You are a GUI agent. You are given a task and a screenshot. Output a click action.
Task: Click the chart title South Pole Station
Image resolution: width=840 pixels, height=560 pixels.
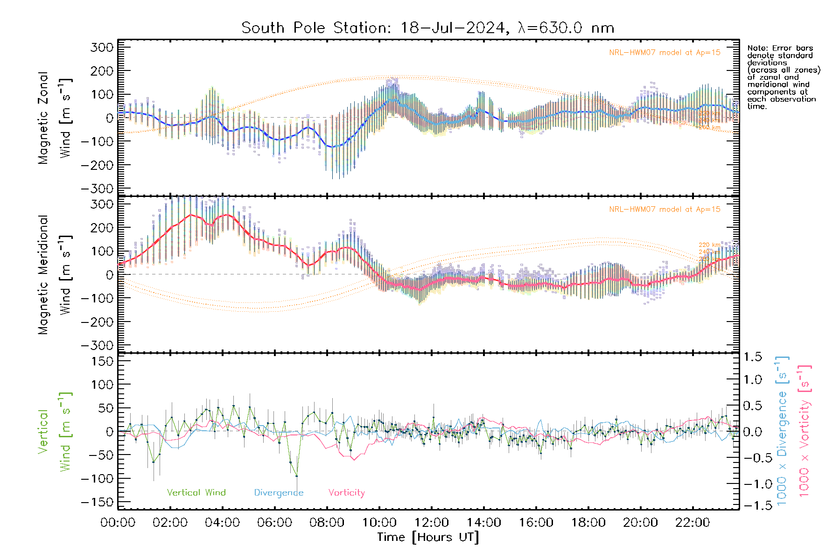click(x=427, y=28)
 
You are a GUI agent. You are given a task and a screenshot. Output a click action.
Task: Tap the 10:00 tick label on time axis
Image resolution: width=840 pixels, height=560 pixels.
click(x=379, y=522)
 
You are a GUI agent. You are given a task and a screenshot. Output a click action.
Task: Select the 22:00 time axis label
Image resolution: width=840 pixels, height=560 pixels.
click(x=693, y=522)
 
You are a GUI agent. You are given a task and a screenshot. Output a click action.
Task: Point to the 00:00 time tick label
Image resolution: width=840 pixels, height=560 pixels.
click(x=118, y=522)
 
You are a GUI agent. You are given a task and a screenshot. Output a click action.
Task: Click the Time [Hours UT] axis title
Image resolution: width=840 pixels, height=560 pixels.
click(x=428, y=537)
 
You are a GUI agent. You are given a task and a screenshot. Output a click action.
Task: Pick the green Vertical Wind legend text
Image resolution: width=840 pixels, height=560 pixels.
click(x=196, y=492)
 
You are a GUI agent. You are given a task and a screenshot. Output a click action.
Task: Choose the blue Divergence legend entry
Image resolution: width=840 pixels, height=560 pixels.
click(x=279, y=492)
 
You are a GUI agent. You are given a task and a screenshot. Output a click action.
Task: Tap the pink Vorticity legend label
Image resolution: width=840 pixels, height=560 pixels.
click(x=346, y=492)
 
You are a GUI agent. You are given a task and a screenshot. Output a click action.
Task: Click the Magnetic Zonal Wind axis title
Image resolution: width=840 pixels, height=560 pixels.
click(x=55, y=118)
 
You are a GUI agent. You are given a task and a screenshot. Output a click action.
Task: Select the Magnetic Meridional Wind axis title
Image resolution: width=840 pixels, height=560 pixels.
click(x=55, y=274)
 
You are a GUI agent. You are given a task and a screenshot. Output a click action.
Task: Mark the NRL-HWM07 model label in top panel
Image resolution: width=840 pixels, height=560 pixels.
click(x=665, y=53)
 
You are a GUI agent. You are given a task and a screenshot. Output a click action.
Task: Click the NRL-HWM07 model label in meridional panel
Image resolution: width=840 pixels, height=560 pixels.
click(x=665, y=210)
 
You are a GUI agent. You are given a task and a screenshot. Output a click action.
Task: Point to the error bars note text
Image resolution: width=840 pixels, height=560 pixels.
click(x=783, y=77)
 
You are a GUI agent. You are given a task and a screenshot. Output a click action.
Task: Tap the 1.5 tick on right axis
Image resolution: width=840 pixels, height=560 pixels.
click(x=752, y=357)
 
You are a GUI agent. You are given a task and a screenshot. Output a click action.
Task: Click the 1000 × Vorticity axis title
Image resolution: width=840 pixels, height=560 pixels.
click(x=804, y=431)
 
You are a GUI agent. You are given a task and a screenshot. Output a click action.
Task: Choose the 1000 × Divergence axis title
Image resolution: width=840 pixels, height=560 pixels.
click(x=782, y=431)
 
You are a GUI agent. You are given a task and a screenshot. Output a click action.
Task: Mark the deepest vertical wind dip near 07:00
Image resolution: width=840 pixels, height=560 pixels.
click(x=296, y=476)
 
